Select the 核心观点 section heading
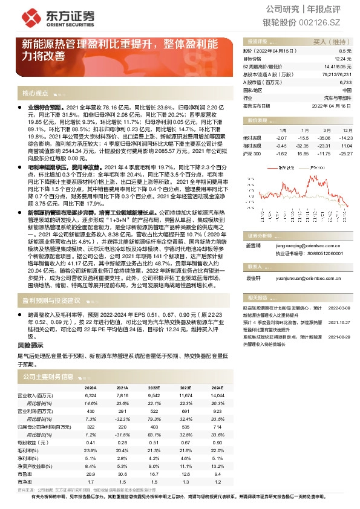tap(34, 93)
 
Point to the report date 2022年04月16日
tap(333, 105)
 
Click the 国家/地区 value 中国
tap(346, 89)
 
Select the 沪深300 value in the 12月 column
tap(345, 153)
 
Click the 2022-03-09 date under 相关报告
tap(340, 307)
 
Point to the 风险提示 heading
tap(31, 344)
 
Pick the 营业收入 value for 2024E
tap(216, 395)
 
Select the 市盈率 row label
tap(25, 475)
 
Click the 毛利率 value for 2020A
tap(91, 451)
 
